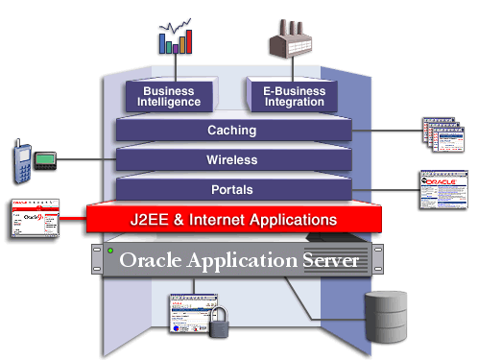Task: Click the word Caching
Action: (231, 131)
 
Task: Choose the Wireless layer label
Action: (231, 159)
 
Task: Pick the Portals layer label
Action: (231, 189)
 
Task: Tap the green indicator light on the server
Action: (110, 252)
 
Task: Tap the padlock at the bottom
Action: (221, 324)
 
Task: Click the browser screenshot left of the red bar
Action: (35, 220)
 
